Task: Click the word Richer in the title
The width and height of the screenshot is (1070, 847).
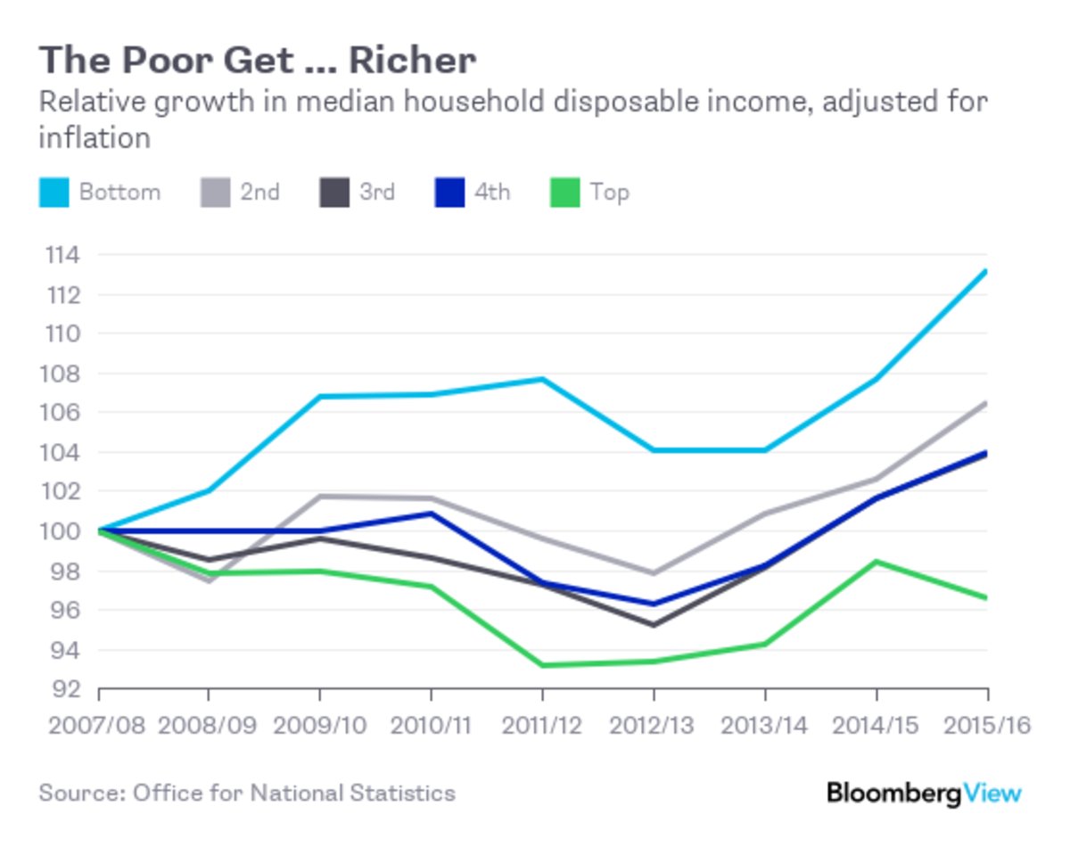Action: (412, 61)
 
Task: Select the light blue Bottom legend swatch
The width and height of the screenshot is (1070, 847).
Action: (53, 193)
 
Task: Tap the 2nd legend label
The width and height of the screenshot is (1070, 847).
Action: (259, 192)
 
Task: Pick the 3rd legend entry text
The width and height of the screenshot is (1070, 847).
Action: (377, 192)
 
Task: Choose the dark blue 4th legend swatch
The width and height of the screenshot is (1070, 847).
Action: (450, 193)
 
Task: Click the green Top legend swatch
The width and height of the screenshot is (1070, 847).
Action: (566, 193)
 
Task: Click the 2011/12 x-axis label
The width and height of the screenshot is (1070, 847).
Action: (542, 726)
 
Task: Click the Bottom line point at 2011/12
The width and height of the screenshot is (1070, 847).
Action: (542, 379)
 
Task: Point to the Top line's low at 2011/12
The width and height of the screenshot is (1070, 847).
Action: (542, 665)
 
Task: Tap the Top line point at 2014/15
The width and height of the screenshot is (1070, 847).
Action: (877, 561)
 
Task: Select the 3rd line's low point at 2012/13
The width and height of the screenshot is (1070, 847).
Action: (654, 625)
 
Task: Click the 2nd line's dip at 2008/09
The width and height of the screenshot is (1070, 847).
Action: (209, 580)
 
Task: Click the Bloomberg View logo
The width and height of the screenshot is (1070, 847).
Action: (923, 793)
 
